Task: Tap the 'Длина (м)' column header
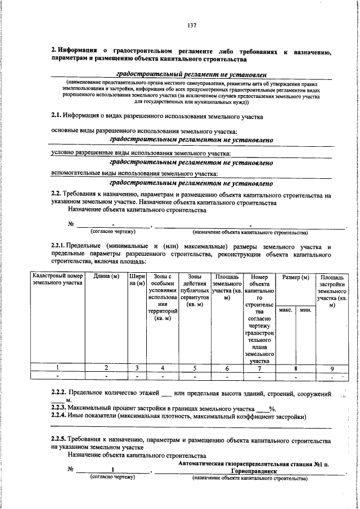point(106,276)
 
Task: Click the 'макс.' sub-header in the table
point(285,310)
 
